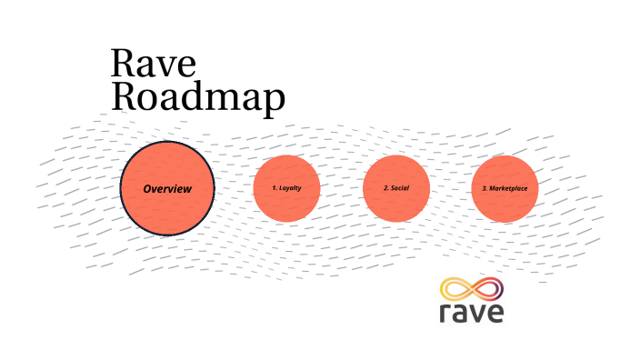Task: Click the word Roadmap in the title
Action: pyautogui.click(x=197, y=97)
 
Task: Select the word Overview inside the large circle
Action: pyautogui.click(x=167, y=189)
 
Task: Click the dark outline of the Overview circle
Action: pyautogui.click(x=167, y=143)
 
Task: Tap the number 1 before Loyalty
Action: pyautogui.click(x=274, y=188)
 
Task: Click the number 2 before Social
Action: pyautogui.click(x=385, y=188)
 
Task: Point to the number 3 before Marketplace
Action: pyautogui.click(x=484, y=188)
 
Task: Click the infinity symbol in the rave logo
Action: pyautogui.click(x=471, y=290)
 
